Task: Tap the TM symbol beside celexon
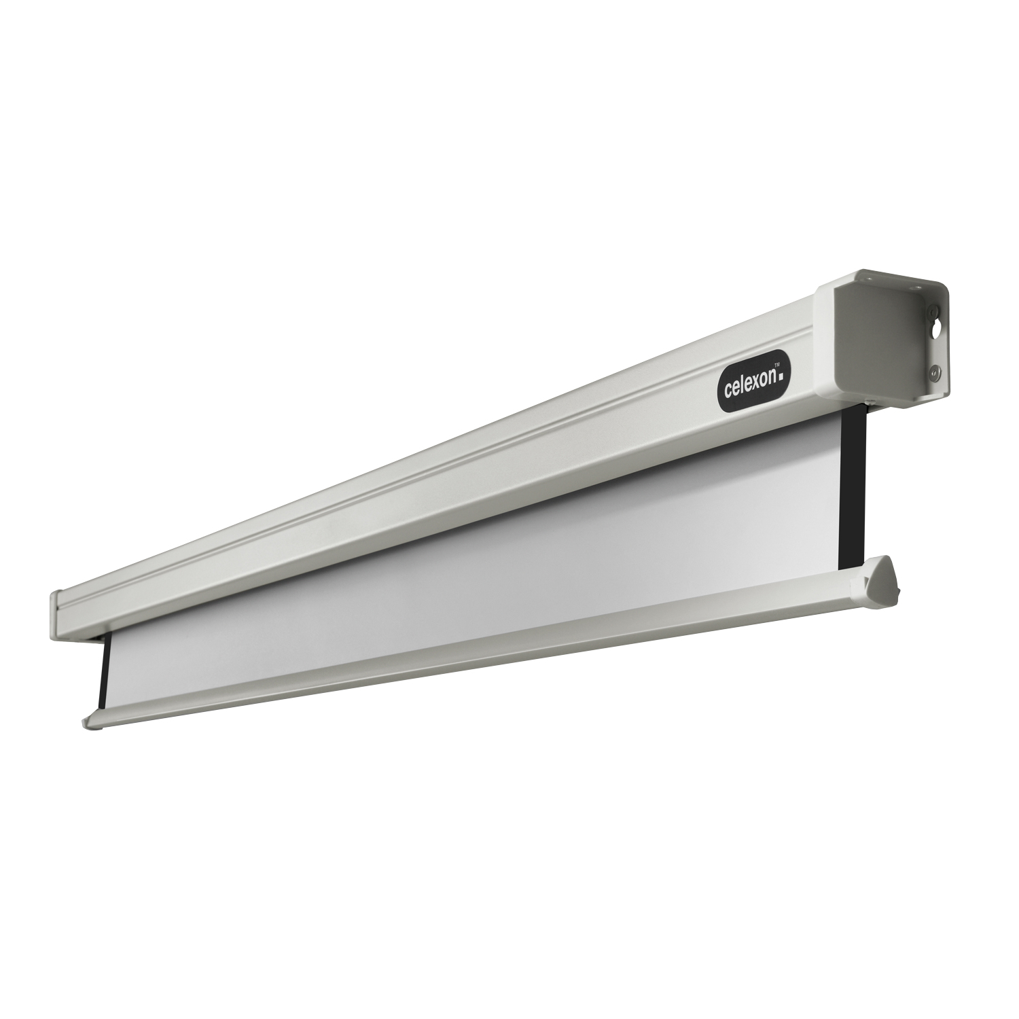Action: (780, 365)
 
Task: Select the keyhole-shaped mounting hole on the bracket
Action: (938, 338)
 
